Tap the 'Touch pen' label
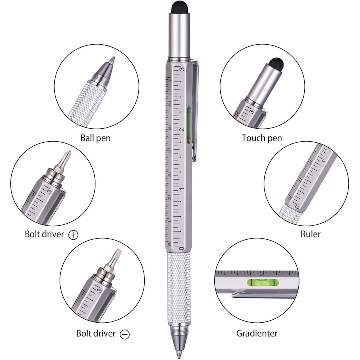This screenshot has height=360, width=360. pyautogui.click(x=262, y=138)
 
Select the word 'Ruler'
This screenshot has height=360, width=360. pyautogui.click(x=310, y=234)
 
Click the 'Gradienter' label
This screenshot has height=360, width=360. pyautogui.click(x=257, y=333)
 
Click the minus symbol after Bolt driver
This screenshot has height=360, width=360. pyautogui.click(x=125, y=334)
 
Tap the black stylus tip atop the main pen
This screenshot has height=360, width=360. pyautogui.click(x=179, y=7)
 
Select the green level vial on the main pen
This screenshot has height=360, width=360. pyautogui.click(x=189, y=125)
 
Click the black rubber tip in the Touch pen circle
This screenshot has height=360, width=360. pyautogui.click(x=276, y=64)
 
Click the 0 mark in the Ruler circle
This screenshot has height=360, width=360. pyautogui.click(x=296, y=206)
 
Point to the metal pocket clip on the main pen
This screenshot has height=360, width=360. pyautogui.click(x=195, y=110)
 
